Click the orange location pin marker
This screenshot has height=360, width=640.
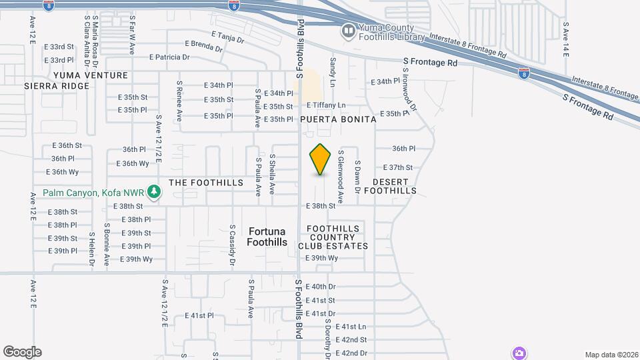(321, 159)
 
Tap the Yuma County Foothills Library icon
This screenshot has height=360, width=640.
(348, 31)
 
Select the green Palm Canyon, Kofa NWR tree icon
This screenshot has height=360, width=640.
(154, 193)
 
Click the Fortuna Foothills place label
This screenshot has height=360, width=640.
(267, 237)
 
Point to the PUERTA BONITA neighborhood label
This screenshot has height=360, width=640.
(338, 119)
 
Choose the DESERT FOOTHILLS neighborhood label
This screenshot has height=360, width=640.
(395, 186)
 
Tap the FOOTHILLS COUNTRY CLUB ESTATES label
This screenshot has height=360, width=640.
(337, 237)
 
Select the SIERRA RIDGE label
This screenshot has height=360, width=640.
(57, 86)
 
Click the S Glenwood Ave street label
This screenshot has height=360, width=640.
(340, 176)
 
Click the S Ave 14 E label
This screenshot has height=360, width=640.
(565, 39)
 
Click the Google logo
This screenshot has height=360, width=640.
(22, 351)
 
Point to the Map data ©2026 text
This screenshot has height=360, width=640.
(611, 355)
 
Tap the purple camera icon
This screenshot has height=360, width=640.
(519, 353)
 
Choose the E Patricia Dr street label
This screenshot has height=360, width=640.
(169, 57)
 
